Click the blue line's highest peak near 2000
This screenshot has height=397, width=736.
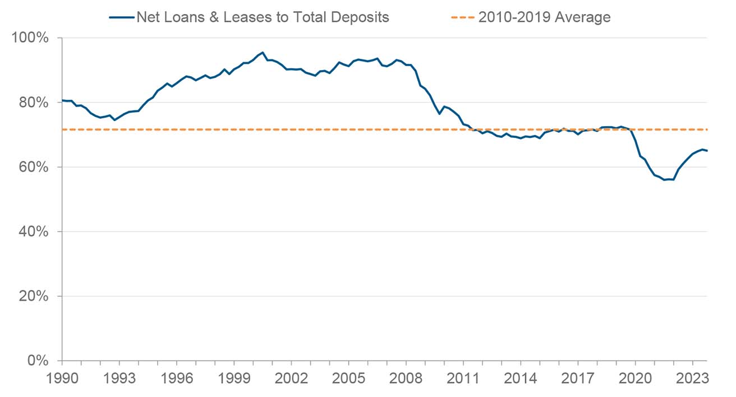point(263,53)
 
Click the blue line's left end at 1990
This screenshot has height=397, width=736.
point(62,100)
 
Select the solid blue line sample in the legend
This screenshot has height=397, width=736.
point(122,17)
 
